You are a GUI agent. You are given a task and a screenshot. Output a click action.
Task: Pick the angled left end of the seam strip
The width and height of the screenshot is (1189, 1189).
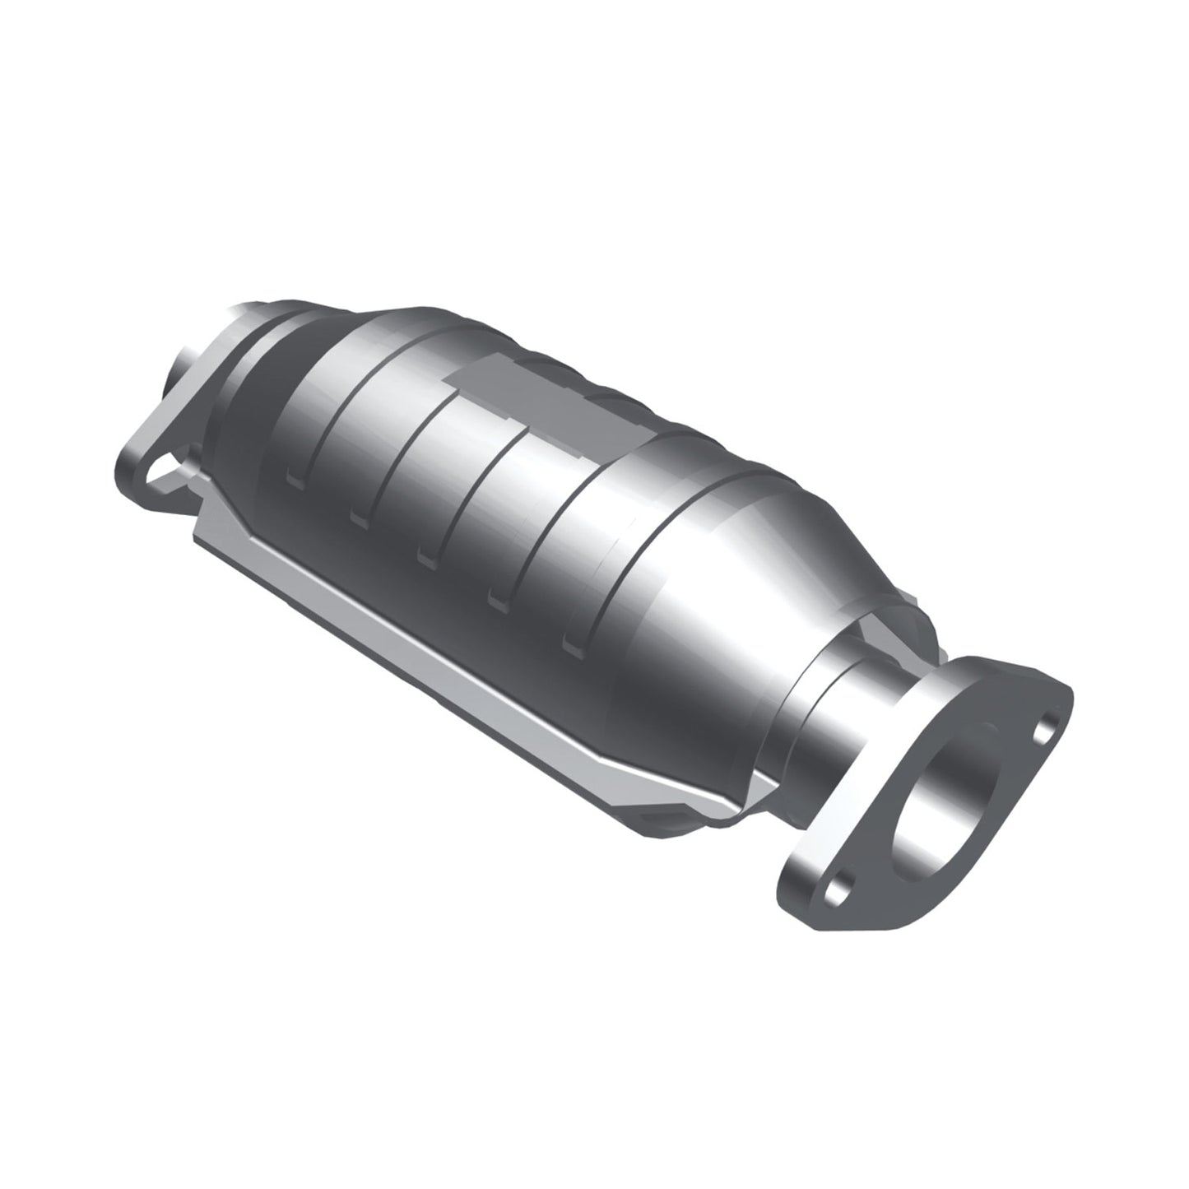click(x=206, y=527)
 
